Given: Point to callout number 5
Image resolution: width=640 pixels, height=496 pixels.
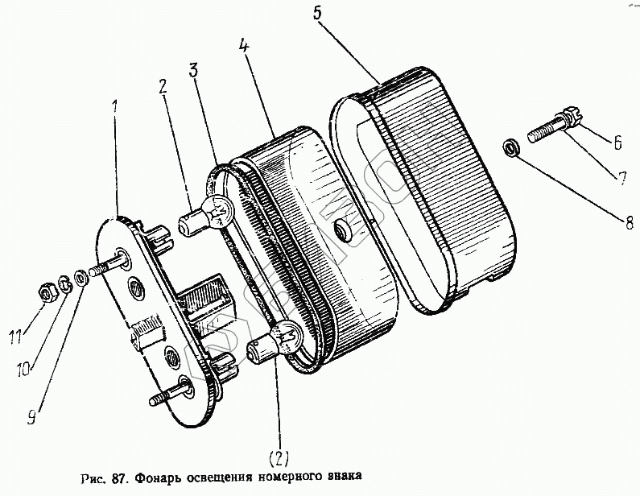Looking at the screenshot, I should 316,14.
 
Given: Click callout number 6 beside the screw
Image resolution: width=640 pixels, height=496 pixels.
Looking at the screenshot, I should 617,143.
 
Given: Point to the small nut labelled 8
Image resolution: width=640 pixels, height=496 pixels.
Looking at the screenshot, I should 510,147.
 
